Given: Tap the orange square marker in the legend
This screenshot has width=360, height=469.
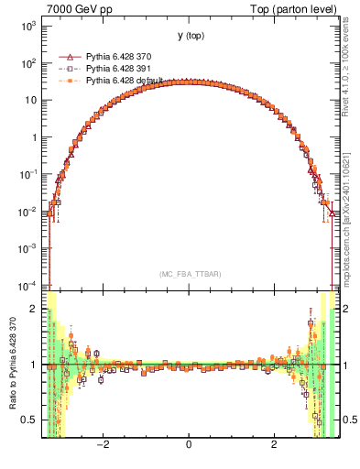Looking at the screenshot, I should [x=66, y=81].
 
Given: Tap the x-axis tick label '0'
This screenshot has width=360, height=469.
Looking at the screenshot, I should [x=189, y=446].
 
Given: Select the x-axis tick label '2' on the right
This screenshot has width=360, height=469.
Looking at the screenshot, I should [x=274, y=446].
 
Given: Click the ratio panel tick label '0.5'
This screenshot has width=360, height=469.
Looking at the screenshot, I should [x=30, y=420].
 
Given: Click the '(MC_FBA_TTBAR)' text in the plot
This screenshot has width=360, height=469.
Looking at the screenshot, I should [x=189, y=274].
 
